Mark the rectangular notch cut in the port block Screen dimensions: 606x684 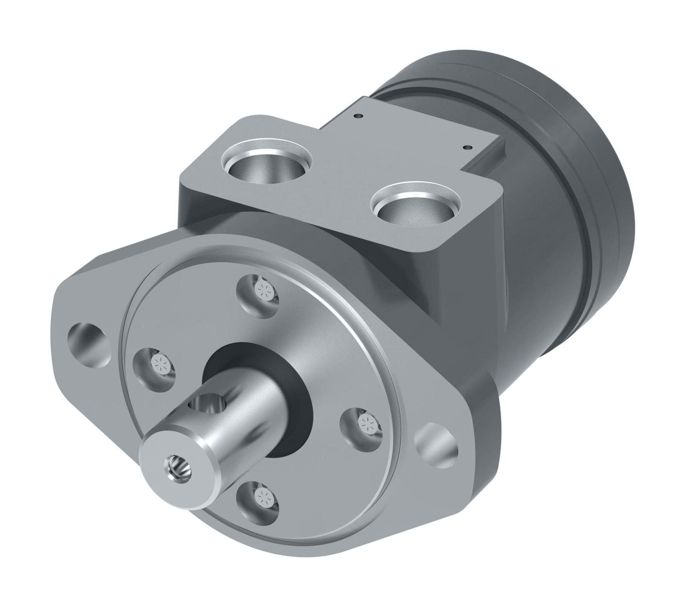click(492, 160)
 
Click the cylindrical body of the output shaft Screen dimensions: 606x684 click(246, 420)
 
